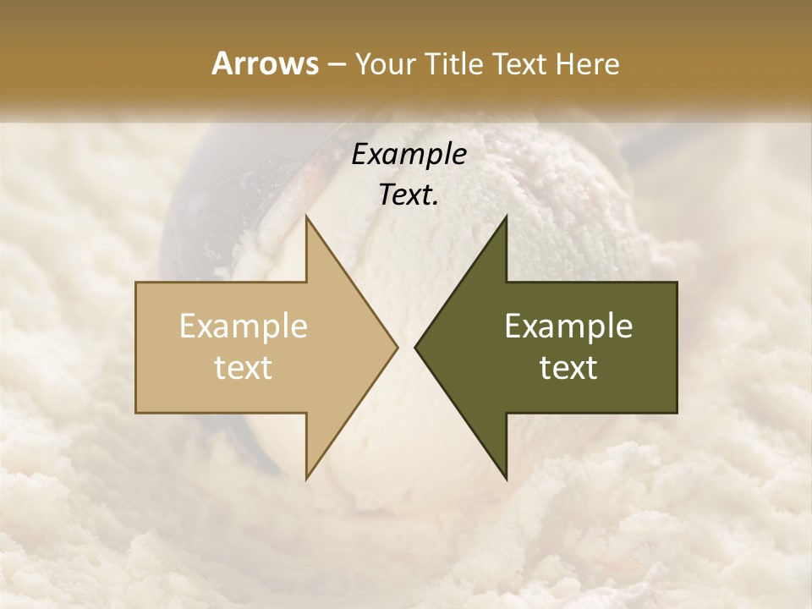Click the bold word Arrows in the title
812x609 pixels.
[265, 63]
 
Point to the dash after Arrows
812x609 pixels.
[336, 65]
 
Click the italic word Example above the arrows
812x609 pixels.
[409, 154]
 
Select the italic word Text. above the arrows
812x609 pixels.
[409, 195]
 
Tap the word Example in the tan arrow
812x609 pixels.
[244, 326]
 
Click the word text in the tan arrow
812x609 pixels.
[244, 368]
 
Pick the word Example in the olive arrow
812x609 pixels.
[568, 326]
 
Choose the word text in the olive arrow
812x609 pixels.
[568, 368]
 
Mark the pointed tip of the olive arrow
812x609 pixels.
[418, 347]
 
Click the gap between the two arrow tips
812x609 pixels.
[406, 347]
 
